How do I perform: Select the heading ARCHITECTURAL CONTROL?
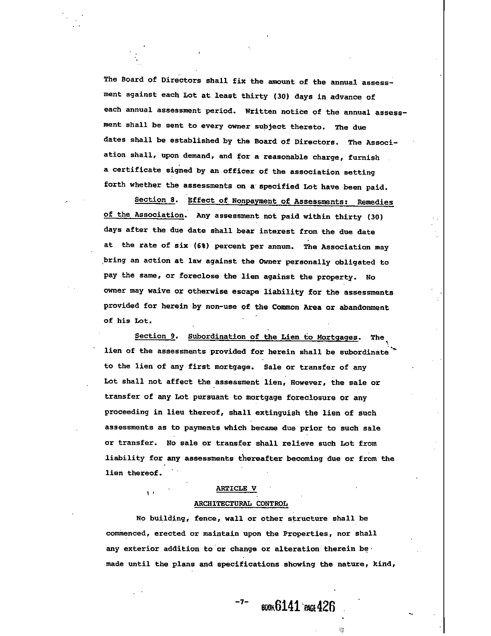241,503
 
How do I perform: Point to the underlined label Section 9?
155,336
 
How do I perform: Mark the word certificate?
137,170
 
